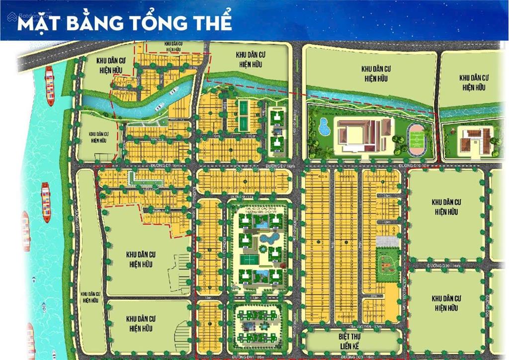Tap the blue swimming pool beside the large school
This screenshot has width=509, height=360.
[324, 126]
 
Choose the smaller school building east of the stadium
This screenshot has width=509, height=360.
[473, 139]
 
